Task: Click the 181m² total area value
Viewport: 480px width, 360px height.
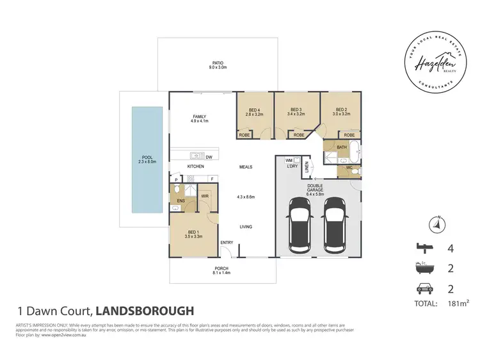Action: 446,303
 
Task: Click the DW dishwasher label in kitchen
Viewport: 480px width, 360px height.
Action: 209,156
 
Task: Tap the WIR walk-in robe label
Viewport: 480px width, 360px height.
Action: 205,196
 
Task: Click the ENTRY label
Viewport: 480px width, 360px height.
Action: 227,242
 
